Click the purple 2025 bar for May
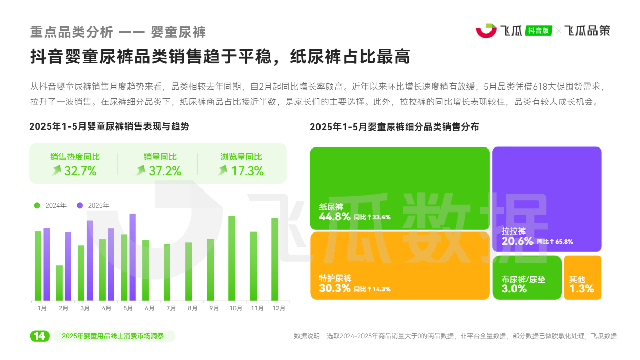tap(132, 256)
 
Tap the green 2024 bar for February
tap(59, 282)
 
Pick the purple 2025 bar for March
tap(89, 260)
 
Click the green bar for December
tap(274, 259)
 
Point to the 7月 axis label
tap(171, 308)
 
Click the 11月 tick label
tap(257, 308)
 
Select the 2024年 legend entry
tap(51, 205)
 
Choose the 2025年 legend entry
tap(94, 205)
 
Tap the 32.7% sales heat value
tap(80, 171)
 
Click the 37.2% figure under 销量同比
tap(165, 171)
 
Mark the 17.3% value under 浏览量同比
tap(247, 171)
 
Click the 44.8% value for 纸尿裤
tap(335, 217)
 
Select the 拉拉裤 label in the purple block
tap(514, 231)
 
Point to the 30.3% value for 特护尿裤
tap(335, 288)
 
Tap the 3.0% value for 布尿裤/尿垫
tap(514, 289)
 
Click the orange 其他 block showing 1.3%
tap(582, 277)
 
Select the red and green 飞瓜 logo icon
tap(486, 31)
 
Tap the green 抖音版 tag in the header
tap(539, 31)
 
